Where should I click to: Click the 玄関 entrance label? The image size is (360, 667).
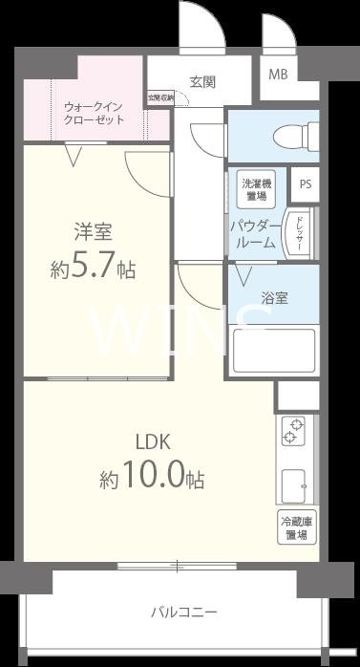click(201, 82)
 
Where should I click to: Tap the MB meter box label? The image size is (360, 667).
click(277, 75)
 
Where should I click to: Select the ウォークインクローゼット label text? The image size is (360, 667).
click(95, 114)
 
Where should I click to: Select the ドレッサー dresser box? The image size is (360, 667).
click(299, 234)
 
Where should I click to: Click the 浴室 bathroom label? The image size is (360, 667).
click(275, 298)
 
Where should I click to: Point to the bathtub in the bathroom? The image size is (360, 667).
click(275, 349)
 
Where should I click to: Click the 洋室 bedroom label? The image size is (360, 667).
click(93, 232)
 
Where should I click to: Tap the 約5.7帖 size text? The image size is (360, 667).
click(93, 269)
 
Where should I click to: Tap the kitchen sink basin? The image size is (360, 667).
click(293, 485)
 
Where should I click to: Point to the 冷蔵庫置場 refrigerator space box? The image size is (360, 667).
click(297, 528)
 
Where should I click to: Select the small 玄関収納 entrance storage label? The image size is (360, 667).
click(160, 97)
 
